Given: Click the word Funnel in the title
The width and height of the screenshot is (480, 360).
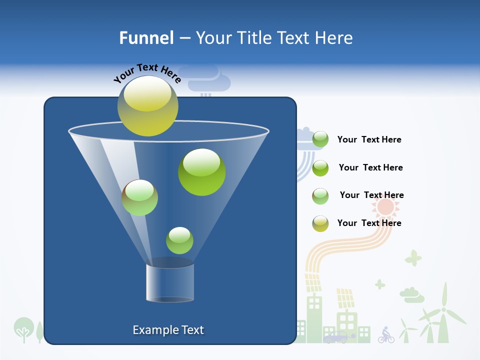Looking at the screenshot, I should point(146,37).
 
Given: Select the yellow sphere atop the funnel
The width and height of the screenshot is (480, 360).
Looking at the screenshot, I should point(148,105).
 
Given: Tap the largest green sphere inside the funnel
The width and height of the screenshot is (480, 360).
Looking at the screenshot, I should point(201,171).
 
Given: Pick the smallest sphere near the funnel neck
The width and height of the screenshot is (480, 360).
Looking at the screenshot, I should point(179,240).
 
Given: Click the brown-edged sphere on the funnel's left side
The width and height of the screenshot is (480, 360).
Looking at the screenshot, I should point(139,197).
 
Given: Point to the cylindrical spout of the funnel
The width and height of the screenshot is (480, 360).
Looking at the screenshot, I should point(169,283).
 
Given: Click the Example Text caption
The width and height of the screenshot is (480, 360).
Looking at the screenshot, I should point(168,330).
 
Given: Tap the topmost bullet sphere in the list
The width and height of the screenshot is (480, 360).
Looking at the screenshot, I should point(320,139).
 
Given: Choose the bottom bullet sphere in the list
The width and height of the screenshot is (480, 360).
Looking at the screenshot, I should point(320,223).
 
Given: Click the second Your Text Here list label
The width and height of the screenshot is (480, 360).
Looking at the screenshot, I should point(370,167).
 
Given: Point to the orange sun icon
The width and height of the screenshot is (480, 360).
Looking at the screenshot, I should point(386,206).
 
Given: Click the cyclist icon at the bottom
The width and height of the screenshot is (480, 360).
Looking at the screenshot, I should point(385,335).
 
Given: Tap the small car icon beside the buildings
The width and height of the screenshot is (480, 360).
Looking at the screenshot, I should point(335,337).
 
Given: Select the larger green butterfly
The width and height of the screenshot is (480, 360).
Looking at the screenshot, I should point(413,258).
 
